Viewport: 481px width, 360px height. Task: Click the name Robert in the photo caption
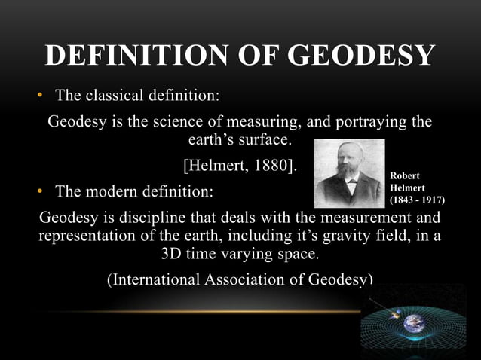point(405,176)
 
